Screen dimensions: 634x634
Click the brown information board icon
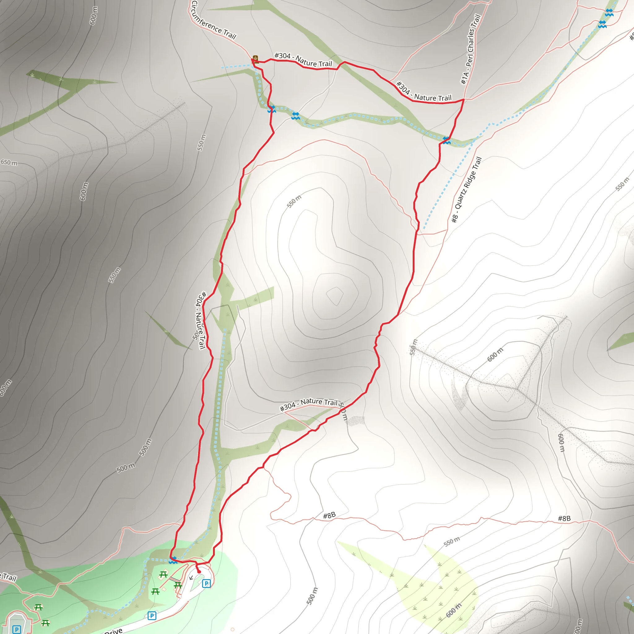255,59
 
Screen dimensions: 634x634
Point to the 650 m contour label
9,163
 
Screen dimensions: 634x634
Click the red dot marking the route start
199,572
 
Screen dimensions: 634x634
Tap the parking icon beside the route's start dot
206,583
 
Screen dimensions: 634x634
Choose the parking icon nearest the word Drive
152,616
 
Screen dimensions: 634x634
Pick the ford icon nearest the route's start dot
173,560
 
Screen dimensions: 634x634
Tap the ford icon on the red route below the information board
271,109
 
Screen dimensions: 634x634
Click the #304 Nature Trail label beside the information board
303,60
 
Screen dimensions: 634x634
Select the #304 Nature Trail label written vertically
201,320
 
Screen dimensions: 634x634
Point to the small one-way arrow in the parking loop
191,578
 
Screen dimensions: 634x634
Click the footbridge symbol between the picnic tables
175,580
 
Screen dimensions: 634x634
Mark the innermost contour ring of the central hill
335,296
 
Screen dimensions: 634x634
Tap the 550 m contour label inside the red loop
294,202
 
